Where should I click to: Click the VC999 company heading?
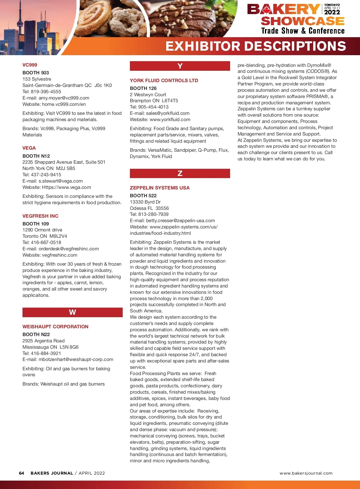(30, 65)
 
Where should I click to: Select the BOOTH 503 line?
(35, 73)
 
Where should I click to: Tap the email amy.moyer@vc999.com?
(64, 98)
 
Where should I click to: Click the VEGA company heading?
(29, 148)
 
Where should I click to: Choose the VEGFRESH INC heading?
(40, 216)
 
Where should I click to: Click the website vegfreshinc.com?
(59, 255)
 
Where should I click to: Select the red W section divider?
(72, 312)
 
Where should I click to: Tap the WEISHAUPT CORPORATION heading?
(55, 326)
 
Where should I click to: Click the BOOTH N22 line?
(36, 334)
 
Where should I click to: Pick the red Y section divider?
(180, 66)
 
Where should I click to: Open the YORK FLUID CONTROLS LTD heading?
(164, 80)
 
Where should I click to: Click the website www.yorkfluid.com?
(170, 119)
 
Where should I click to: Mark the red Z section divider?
(180, 173)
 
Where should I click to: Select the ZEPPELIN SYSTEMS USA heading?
(160, 188)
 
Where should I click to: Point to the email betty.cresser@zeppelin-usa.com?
(180, 220)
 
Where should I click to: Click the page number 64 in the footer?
(21, 473)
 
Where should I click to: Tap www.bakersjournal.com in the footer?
(306, 473)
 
